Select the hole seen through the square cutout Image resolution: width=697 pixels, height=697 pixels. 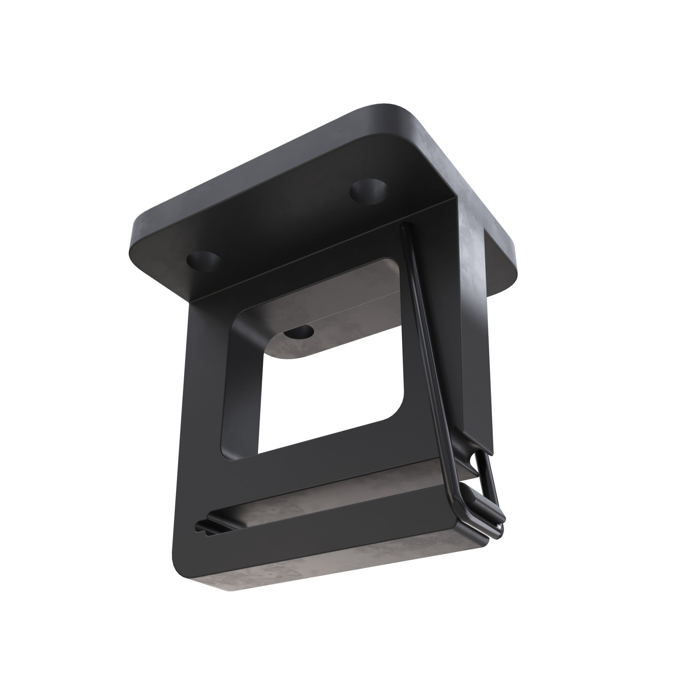pos(298,331)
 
